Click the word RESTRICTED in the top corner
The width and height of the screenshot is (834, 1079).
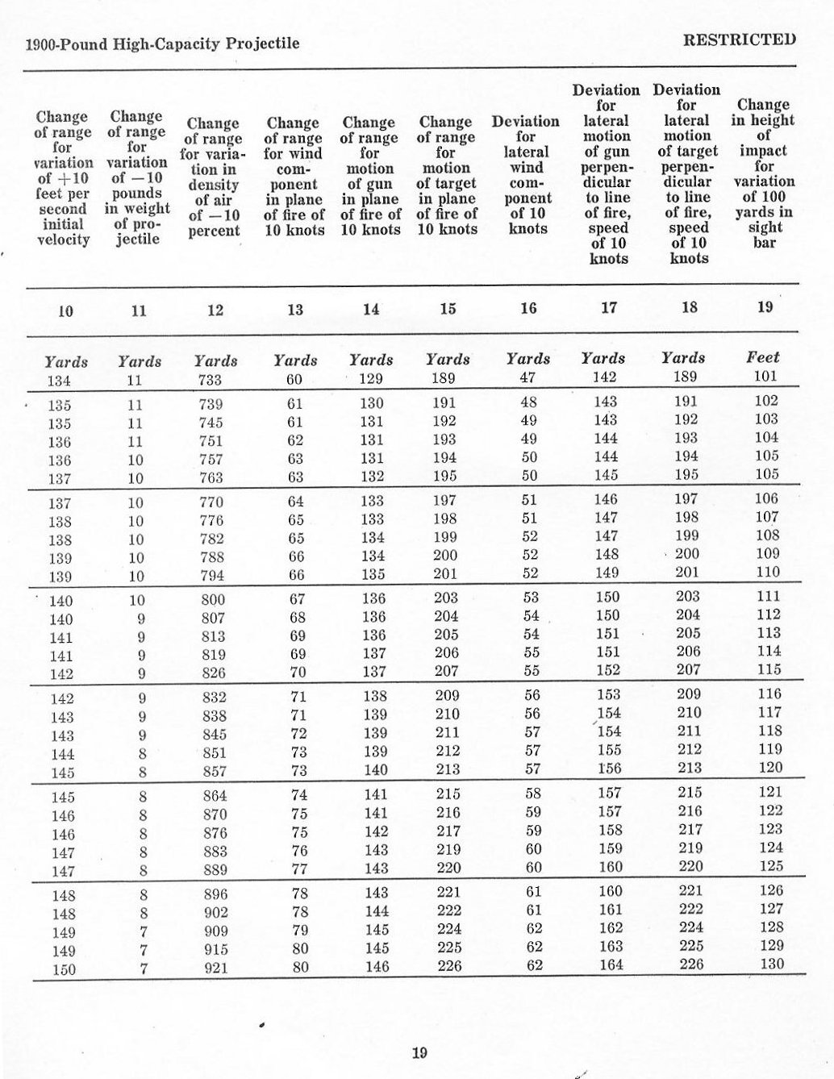(739, 39)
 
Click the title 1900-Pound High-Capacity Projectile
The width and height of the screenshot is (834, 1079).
(163, 44)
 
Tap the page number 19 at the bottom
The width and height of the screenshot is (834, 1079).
(419, 1052)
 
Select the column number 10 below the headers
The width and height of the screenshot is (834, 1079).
(66, 310)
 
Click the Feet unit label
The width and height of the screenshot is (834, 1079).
(763, 356)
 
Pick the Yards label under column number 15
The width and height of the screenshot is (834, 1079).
(448, 359)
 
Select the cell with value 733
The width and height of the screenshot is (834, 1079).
(211, 380)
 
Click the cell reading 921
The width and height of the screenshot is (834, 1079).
(215, 967)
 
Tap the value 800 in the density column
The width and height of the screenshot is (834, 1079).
(213, 600)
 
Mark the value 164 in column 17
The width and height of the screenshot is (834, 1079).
(611, 964)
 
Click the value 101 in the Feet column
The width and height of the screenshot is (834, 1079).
(765, 376)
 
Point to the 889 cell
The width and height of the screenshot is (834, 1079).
(215, 869)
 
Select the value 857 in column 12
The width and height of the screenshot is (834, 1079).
(215, 772)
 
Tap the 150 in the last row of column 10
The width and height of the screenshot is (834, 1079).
(64, 969)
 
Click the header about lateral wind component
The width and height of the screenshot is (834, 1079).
(526, 175)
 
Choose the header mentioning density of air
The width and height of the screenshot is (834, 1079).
(214, 177)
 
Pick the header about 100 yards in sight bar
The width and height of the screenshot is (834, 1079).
(763, 173)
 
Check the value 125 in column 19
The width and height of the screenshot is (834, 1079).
(771, 866)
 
